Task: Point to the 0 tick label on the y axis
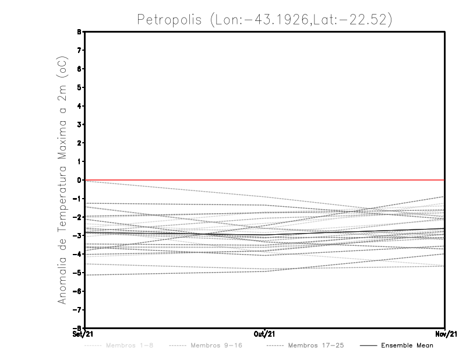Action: (79, 180)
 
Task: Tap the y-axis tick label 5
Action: (79, 87)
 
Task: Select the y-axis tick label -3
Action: (77, 235)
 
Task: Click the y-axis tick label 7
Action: (79, 50)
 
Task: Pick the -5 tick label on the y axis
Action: (77, 273)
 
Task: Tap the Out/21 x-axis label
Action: (266, 334)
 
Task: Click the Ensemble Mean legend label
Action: (407, 345)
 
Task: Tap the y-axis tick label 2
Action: (79, 143)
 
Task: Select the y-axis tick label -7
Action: (77, 310)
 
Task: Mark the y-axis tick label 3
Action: (79, 124)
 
